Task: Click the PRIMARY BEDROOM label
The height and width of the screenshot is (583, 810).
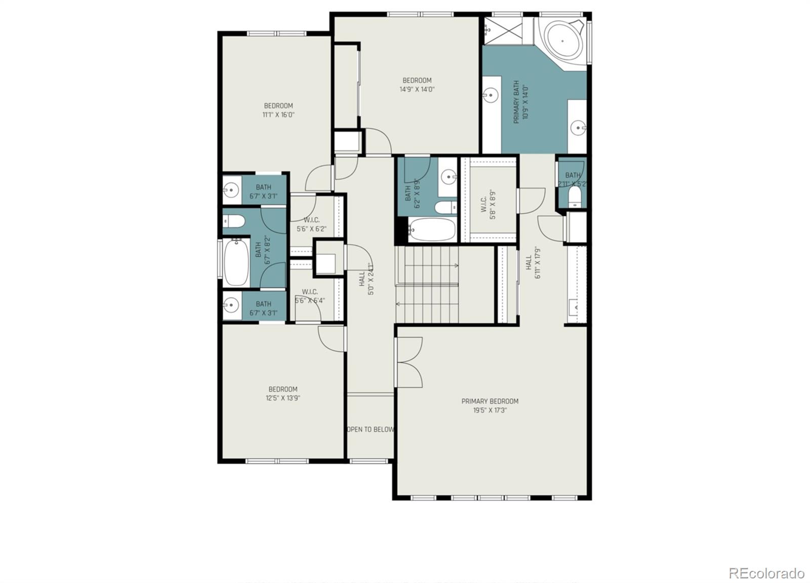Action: [x=490, y=401]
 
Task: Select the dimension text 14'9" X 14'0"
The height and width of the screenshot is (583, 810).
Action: [x=417, y=90]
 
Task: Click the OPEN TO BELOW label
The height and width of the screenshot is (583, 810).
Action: [x=370, y=430]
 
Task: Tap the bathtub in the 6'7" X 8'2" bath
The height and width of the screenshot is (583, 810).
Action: [x=236, y=261]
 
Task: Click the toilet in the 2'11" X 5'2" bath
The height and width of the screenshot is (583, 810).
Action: [x=575, y=196]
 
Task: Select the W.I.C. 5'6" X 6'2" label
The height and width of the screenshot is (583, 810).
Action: [x=311, y=224]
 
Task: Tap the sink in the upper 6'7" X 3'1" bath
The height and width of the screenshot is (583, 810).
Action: [x=231, y=190]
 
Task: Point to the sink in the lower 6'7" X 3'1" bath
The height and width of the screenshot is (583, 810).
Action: [x=231, y=305]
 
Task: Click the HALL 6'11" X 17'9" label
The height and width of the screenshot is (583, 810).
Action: [x=533, y=262]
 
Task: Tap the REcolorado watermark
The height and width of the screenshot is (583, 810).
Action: [x=766, y=573]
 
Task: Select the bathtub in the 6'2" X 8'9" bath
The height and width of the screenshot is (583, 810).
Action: [x=431, y=229]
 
